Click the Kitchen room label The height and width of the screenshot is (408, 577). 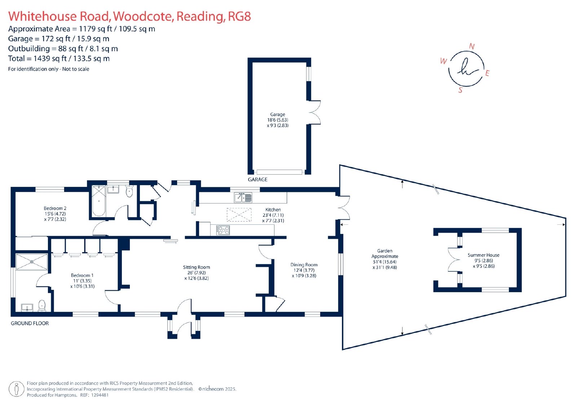[273, 210]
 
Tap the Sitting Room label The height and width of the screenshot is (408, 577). [196, 267]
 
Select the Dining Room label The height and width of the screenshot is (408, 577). [304, 265]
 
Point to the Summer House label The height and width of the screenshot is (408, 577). [484, 255]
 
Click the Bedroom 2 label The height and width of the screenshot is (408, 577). [55, 209]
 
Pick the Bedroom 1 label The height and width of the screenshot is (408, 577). [82, 275]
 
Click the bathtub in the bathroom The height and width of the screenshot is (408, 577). [99, 201]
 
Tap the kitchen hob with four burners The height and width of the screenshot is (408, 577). [223, 230]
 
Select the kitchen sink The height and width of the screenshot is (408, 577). [243, 198]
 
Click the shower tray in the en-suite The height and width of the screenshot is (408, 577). [32, 262]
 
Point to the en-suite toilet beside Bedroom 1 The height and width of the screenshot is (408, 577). [42, 306]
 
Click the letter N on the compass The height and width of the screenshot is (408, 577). [472, 47]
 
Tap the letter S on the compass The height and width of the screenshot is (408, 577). [460, 90]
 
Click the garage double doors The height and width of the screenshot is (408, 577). [314, 113]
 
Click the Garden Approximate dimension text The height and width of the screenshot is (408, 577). [385, 259]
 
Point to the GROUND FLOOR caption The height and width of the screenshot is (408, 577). [30, 323]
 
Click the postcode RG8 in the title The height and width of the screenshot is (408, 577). [239, 17]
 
